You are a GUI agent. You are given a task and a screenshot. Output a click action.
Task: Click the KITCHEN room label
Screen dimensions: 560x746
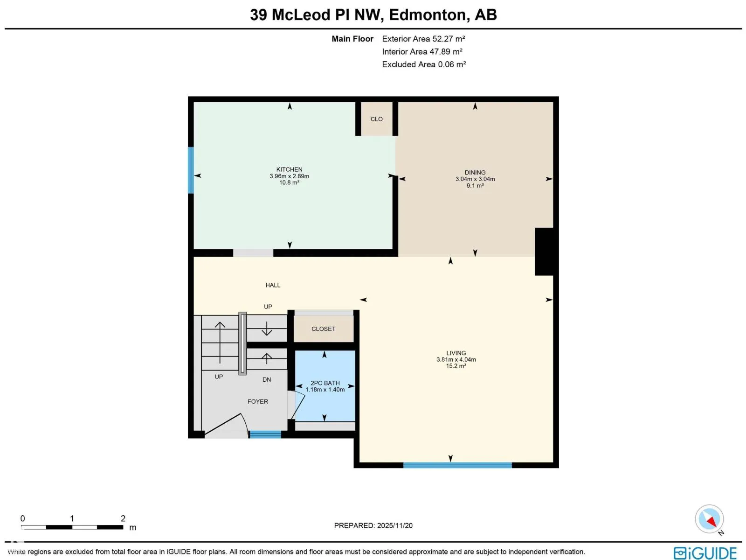point(289,170)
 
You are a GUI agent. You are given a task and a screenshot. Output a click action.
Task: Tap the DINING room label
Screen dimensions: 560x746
point(475,173)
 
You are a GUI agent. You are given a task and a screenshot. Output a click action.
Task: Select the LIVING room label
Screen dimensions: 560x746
point(456,353)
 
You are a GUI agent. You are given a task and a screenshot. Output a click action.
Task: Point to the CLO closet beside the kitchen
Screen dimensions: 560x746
point(376,119)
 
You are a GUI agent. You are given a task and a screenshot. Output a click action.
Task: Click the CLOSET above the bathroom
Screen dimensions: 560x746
point(323,329)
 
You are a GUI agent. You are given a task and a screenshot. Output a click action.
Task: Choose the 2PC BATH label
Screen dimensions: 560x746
point(325,383)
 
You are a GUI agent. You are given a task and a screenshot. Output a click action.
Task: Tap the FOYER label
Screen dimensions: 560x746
point(257,401)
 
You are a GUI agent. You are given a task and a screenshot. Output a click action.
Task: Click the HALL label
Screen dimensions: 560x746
point(273,285)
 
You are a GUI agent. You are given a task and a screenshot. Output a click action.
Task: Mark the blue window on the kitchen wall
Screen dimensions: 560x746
point(191,170)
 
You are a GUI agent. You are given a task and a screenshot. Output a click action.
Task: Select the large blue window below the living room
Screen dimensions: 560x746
point(457,465)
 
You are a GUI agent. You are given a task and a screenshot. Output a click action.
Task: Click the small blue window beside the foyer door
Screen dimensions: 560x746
point(265,434)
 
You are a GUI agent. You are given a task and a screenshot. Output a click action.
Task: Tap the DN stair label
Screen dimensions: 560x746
point(267,379)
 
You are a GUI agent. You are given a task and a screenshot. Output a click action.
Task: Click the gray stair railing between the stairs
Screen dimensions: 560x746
point(242,343)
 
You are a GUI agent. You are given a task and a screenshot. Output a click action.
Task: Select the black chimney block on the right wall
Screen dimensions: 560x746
point(544,252)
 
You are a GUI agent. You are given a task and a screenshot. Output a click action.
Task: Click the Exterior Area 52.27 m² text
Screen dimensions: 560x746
point(423,39)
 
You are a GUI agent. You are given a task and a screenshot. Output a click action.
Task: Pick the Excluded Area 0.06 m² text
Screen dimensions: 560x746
point(424,64)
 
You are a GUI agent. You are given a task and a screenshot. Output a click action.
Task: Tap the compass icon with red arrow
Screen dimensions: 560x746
point(709,519)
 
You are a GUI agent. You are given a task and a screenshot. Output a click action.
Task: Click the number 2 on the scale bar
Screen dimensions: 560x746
point(123,518)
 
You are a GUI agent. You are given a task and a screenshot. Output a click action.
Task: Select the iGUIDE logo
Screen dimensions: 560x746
point(705,553)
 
